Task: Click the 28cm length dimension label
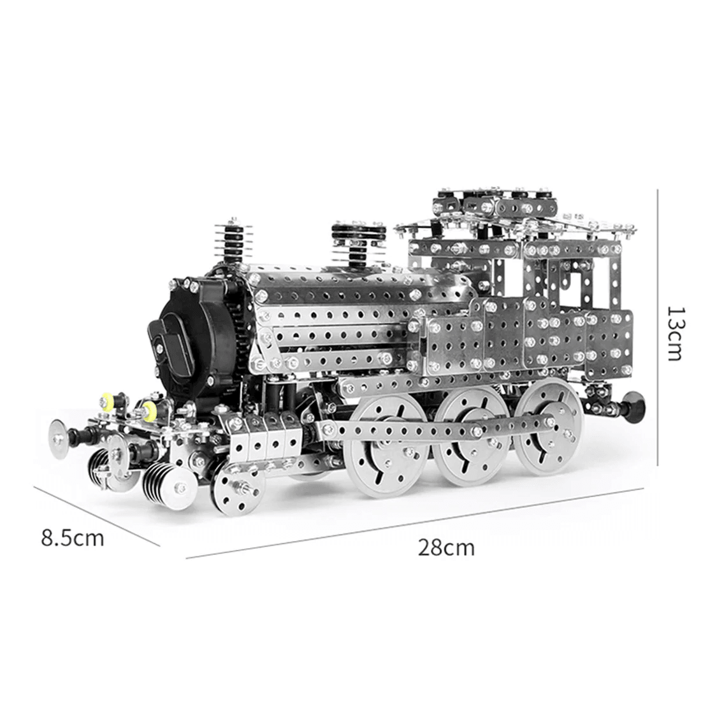click(445, 547)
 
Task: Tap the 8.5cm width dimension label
click(73, 538)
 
